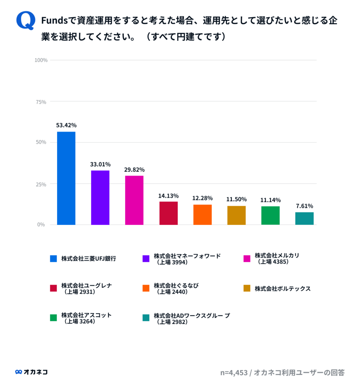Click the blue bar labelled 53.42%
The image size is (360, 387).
coord(66,178)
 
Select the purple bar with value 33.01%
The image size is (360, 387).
coord(100,198)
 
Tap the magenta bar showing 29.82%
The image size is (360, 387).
coord(134,200)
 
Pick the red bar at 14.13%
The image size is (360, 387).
coord(168,213)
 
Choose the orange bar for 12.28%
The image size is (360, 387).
coord(202,215)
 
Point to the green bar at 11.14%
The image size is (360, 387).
coord(270,215)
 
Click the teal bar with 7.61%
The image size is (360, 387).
coord(304,218)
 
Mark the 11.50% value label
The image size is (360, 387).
coord(236,199)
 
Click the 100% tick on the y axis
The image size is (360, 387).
coord(41,60)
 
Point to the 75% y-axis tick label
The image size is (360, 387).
coord(42,102)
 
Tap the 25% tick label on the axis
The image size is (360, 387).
coord(42,184)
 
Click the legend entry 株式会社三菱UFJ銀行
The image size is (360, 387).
coord(88,259)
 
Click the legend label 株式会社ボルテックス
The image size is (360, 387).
coord(283,289)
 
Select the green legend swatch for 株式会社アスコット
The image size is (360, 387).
coord(54,318)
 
